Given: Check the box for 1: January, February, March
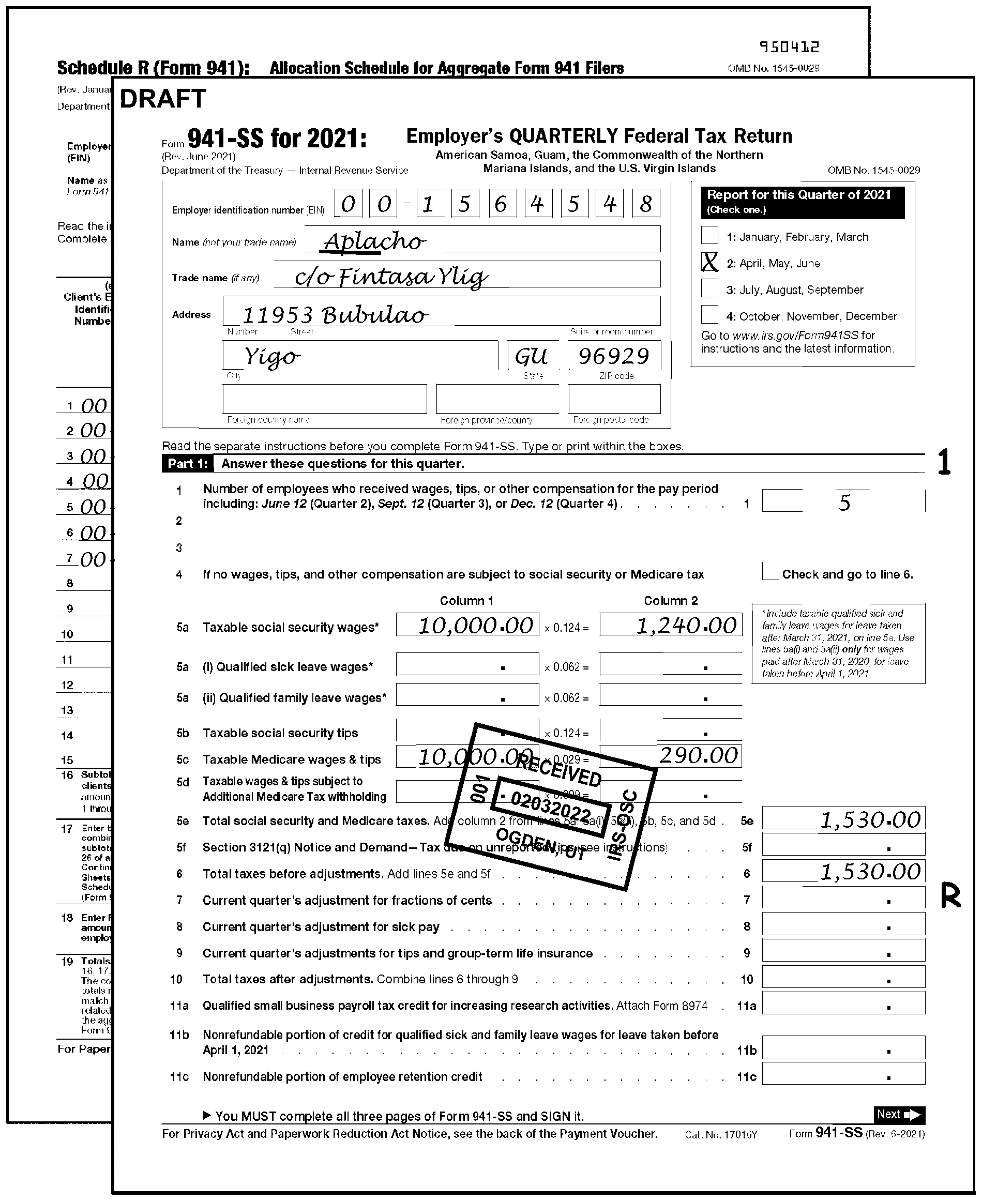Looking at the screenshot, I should tap(709, 235).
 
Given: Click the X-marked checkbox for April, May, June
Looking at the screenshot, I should tap(709, 262).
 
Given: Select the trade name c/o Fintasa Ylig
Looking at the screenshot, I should tap(390, 277).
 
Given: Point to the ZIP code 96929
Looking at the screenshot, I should tap(613, 356).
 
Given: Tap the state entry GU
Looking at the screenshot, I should tap(531, 356).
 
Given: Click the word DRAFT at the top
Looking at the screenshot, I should tap(163, 99).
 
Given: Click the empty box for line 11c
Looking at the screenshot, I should tap(843, 1074).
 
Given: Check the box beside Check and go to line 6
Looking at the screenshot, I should tap(771, 572).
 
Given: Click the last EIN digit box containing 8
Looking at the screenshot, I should tap(645, 204).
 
